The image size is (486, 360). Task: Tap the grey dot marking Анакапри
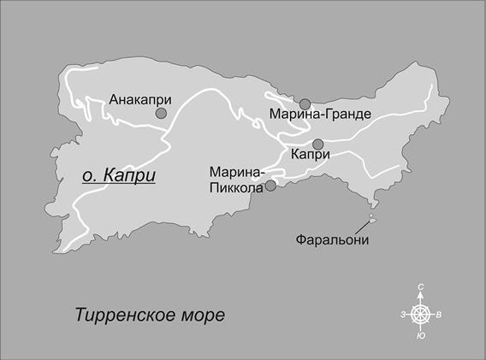tap(160, 114)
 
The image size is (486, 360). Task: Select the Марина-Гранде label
tap(308, 114)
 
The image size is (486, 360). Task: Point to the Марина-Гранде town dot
tap(305, 103)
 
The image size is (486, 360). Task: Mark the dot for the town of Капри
tap(317, 144)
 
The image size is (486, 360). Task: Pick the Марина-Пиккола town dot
tap(270, 186)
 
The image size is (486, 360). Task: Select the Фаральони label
tap(331, 239)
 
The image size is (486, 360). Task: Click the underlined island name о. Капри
tap(119, 175)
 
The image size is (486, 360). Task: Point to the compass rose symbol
tap(420, 314)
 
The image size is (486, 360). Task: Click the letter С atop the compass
tap(420, 287)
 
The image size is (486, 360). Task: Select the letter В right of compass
tap(439, 315)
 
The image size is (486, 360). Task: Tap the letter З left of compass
tap(402, 315)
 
